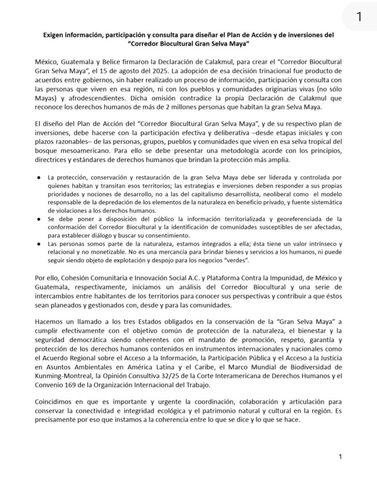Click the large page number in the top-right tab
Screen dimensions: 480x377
click(x=358, y=17)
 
